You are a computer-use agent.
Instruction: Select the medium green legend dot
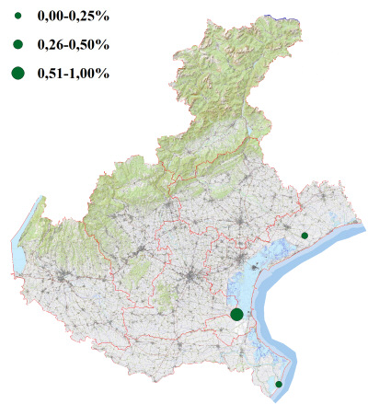click(x=17, y=43)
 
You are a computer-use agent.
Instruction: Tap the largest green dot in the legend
click(x=17, y=73)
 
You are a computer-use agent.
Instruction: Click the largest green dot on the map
click(x=236, y=314)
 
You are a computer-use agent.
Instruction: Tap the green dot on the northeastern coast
click(x=304, y=237)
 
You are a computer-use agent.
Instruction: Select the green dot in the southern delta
click(x=279, y=384)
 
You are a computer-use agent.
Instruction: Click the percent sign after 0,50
click(x=103, y=44)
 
